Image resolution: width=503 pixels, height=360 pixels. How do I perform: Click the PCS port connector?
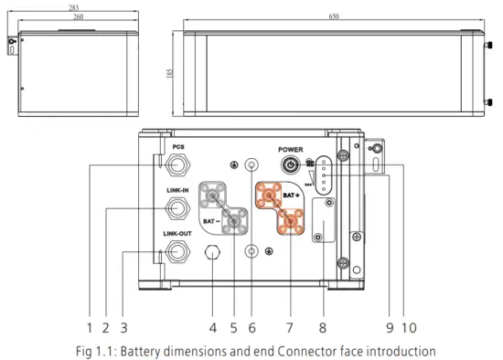[x=177, y=165]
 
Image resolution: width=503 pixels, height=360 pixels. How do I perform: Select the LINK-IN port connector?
[x=177, y=208]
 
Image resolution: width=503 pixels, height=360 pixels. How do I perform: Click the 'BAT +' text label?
[x=293, y=196]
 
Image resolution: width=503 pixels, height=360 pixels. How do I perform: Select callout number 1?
[x=90, y=326]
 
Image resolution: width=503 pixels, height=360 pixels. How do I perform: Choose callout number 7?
[x=291, y=326]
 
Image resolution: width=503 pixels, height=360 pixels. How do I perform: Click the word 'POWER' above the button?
[x=290, y=149]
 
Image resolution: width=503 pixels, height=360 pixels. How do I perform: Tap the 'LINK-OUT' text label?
[x=177, y=234]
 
